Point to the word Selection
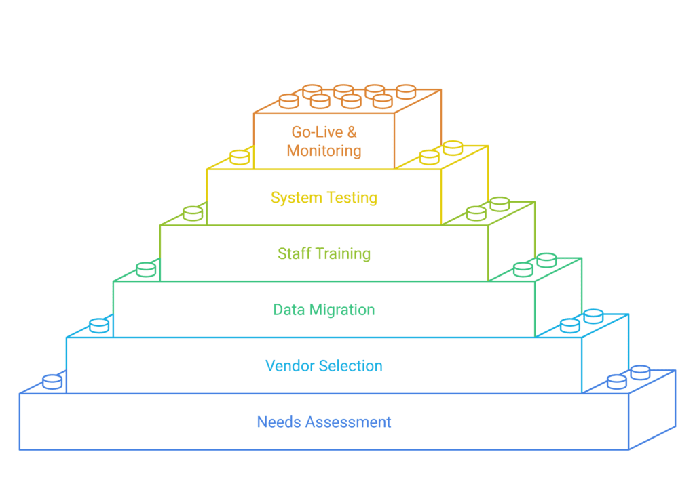point(351,366)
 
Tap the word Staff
point(293,254)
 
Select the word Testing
point(350,198)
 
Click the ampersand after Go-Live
point(352,131)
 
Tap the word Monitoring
point(324,150)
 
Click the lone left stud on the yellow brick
point(239,157)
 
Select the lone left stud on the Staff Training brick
point(193,213)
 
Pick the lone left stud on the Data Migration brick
point(146,269)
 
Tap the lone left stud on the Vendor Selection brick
point(99,325)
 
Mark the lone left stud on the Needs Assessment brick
point(52,382)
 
